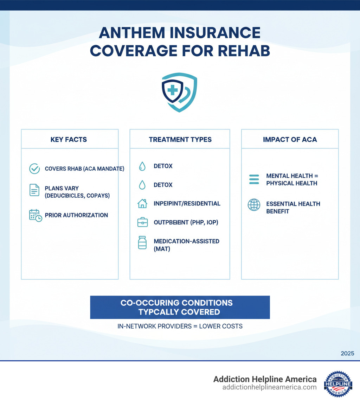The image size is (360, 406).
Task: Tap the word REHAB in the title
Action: point(246,51)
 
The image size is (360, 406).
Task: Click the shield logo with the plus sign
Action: point(179,92)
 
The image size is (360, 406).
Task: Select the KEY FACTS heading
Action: point(69,140)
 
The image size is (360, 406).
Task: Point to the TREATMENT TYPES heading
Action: point(180,140)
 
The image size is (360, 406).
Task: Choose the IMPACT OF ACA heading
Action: point(290,140)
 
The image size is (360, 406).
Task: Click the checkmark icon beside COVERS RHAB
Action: point(34,169)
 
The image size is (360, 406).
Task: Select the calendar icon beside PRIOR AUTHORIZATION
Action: point(35,215)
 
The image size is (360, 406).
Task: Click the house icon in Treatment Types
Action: point(142,203)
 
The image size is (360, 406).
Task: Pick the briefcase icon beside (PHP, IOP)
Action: point(142,222)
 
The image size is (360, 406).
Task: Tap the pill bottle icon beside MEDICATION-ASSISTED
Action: point(142,243)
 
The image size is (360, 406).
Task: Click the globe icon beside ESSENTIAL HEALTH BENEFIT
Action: point(254,205)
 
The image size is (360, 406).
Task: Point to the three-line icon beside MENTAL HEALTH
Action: point(254,179)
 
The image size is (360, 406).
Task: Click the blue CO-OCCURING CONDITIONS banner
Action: point(180,307)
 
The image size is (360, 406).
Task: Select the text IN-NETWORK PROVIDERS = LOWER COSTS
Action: point(180,326)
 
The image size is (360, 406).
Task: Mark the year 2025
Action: point(347,353)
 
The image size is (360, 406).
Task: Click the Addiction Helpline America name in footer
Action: point(265,379)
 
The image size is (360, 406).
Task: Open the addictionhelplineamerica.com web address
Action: point(269,387)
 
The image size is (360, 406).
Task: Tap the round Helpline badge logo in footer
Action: point(338,383)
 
